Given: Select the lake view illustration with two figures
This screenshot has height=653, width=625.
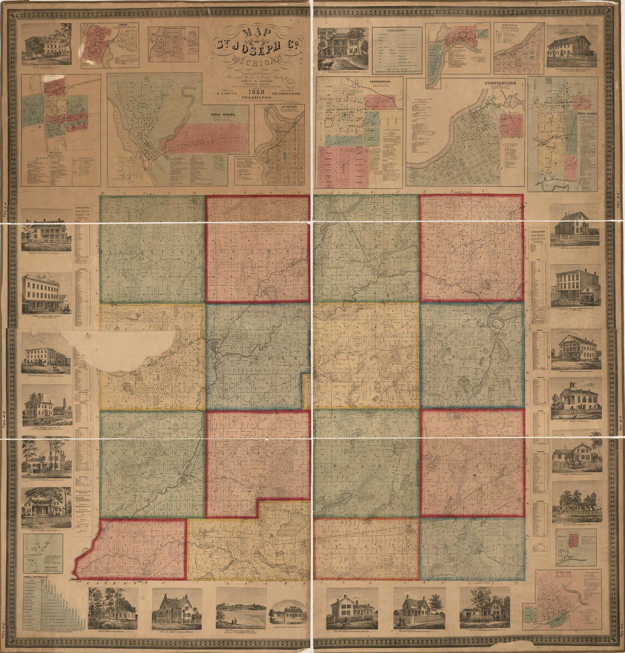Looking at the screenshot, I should coord(241,608).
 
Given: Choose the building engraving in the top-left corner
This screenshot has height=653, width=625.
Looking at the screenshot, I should coord(47,44).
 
